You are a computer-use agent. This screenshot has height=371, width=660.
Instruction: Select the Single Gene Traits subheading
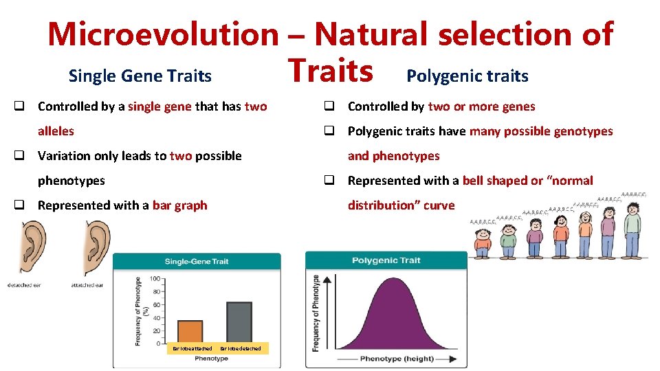[140, 76]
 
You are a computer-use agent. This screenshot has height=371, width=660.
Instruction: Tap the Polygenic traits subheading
[467, 76]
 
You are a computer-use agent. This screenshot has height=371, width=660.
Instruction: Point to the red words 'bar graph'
[179, 205]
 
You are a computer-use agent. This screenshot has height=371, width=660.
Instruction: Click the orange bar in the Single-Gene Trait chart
[190, 332]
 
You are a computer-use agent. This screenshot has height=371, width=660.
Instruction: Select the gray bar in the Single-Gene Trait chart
[239, 323]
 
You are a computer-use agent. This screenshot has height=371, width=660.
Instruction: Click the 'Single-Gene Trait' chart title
[196, 261]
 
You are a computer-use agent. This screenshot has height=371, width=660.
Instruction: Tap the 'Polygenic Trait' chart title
[386, 260]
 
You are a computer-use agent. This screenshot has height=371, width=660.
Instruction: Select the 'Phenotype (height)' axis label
[397, 359]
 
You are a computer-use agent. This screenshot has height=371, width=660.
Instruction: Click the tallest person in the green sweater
[632, 227]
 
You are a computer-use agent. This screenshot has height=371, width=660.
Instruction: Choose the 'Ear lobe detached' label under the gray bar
[241, 349]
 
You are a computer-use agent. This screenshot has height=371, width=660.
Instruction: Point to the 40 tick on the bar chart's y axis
[156, 317]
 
